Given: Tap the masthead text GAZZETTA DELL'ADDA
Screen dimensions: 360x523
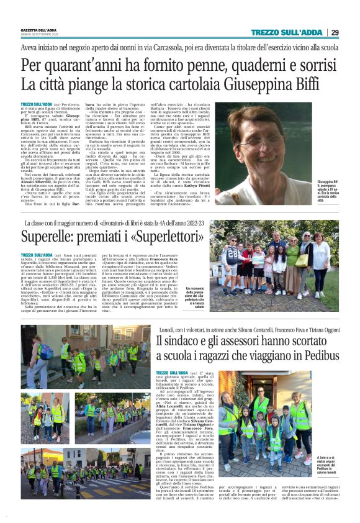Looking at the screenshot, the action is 38,29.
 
